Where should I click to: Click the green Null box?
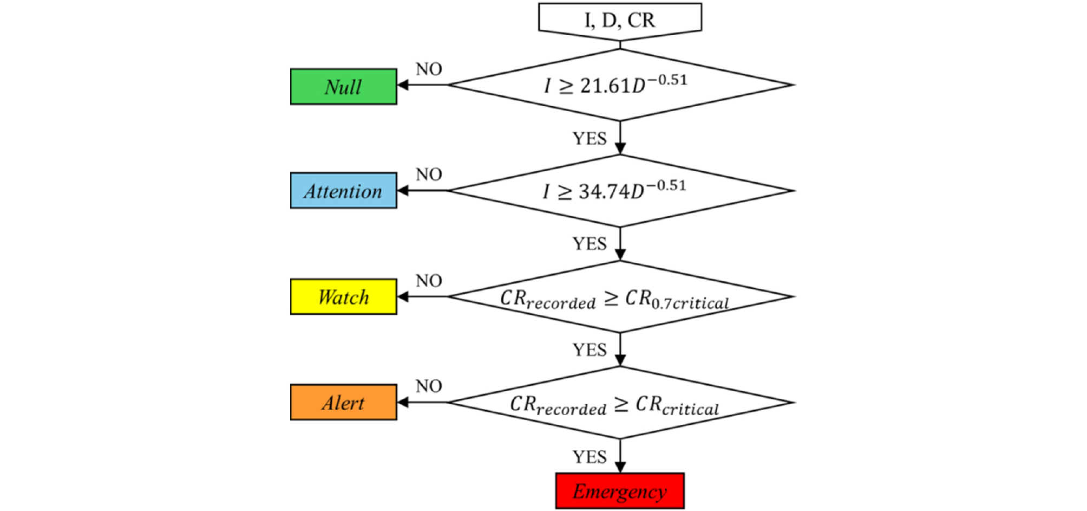pyautogui.click(x=343, y=87)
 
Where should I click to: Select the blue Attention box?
pyautogui.click(x=343, y=191)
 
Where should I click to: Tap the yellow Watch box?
pyautogui.click(x=343, y=297)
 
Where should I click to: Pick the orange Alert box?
pyautogui.click(x=343, y=403)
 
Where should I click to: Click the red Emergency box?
pyautogui.click(x=620, y=491)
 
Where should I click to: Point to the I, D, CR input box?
pyautogui.click(x=620, y=20)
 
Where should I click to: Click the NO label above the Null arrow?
pyautogui.click(x=429, y=69)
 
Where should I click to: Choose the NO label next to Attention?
pyautogui.click(x=429, y=174)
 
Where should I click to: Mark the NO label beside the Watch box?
pyautogui.click(x=429, y=281)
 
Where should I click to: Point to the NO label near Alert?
pyautogui.click(x=429, y=386)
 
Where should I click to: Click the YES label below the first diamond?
pyautogui.click(x=590, y=139)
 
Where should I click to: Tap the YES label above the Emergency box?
pyautogui.click(x=590, y=457)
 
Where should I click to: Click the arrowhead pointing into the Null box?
pyautogui.click(x=402, y=85)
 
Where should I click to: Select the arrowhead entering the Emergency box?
pyautogui.click(x=620, y=468)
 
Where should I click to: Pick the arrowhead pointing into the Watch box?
pyautogui.click(x=402, y=297)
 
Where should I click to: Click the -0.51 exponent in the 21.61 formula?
pyautogui.click(x=667, y=80)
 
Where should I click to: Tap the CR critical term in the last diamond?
pyautogui.click(x=677, y=406)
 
